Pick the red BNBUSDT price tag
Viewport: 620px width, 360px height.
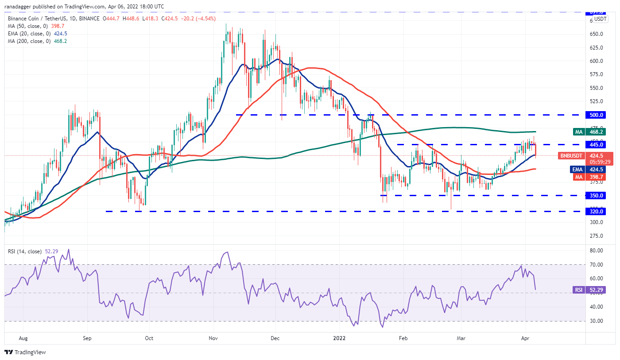[573, 155]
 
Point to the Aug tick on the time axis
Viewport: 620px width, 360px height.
[23, 337]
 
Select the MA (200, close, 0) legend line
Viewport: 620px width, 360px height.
[36, 41]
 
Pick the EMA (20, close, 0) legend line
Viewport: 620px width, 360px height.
[36, 34]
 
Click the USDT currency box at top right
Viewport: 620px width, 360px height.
[601, 19]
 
